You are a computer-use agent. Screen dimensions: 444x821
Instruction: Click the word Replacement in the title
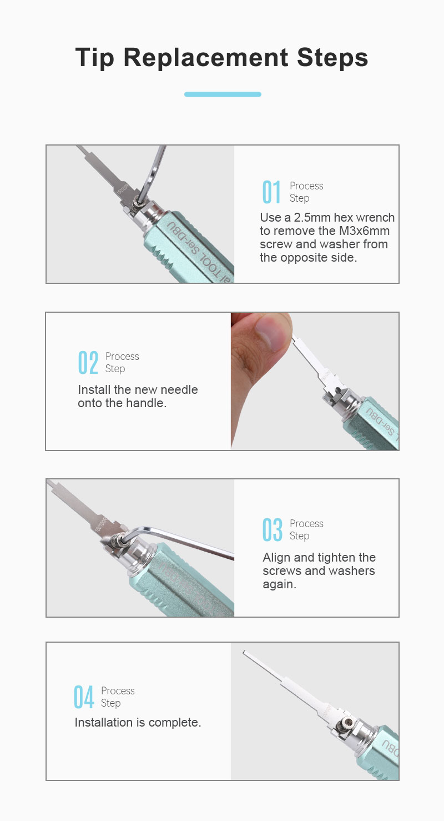206,57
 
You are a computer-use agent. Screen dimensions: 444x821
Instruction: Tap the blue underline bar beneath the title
223,94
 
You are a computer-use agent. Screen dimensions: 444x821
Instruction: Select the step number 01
271,192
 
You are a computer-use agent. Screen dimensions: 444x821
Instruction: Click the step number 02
88,363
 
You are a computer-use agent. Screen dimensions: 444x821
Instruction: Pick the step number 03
272,529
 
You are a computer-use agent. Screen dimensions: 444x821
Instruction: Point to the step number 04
84,697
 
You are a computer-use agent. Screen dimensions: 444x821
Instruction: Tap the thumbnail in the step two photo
270,332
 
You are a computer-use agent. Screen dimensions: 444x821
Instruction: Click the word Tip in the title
94,58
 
